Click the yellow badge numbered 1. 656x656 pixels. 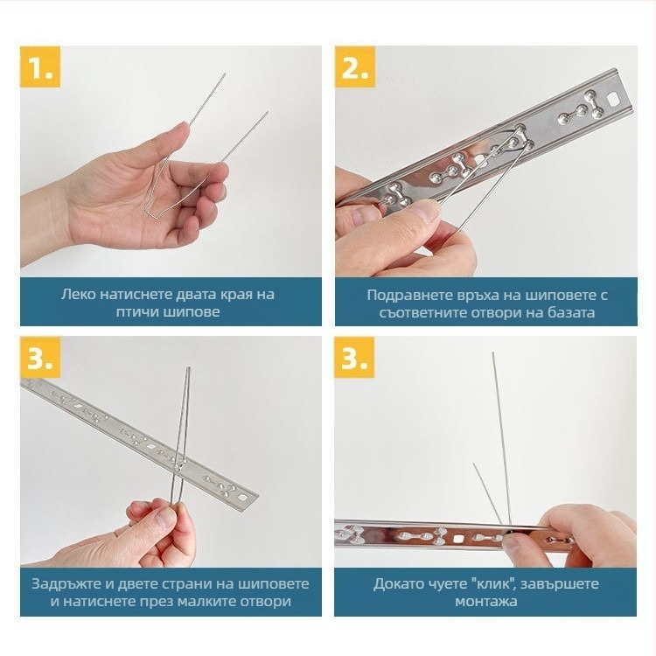pos(40,67)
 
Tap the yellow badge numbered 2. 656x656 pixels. pos(355,67)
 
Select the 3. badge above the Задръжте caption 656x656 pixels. pos(40,357)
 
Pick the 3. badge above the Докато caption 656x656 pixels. pos(354,357)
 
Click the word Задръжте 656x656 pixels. pos(66,583)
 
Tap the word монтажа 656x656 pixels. pos(485,602)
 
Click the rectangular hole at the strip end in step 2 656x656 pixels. pos(613,100)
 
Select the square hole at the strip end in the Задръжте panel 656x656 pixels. pos(241,498)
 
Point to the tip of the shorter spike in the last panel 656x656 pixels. pos(474,464)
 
